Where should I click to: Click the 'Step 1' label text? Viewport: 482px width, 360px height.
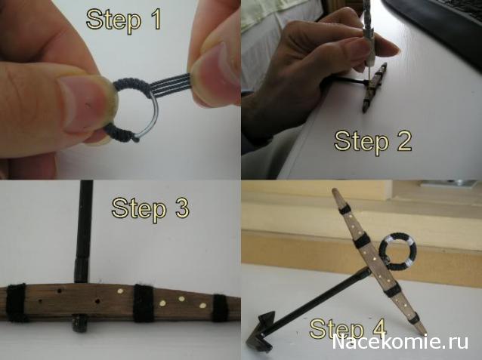124,20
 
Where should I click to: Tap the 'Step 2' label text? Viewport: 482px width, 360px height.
372,141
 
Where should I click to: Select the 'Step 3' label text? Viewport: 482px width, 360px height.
150,208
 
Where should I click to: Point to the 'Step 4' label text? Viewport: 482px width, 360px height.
348,328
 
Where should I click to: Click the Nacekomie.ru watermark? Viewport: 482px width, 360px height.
400,342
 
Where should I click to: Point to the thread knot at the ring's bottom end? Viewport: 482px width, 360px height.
135,139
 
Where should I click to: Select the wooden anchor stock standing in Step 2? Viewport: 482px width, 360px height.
374,88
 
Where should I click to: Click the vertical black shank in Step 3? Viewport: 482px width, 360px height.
83,231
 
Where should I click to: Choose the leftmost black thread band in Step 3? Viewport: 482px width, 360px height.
17,303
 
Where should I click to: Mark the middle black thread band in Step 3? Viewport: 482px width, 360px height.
144,303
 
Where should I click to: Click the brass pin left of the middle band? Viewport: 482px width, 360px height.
120,291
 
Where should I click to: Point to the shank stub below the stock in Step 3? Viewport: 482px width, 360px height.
79,325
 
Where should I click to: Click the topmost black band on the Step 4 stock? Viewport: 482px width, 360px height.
345,210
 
